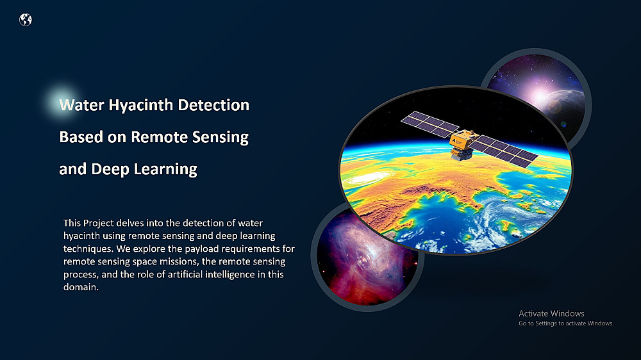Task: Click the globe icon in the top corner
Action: [x=26, y=20]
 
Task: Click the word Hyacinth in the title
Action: [x=141, y=106]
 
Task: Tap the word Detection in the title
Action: [x=213, y=105]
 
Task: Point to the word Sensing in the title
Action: [x=221, y=138]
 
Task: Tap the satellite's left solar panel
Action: [x=430, y=124]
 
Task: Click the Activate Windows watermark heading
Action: [x=551, y=313]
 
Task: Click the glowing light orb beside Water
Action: [x=62, y=102]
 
